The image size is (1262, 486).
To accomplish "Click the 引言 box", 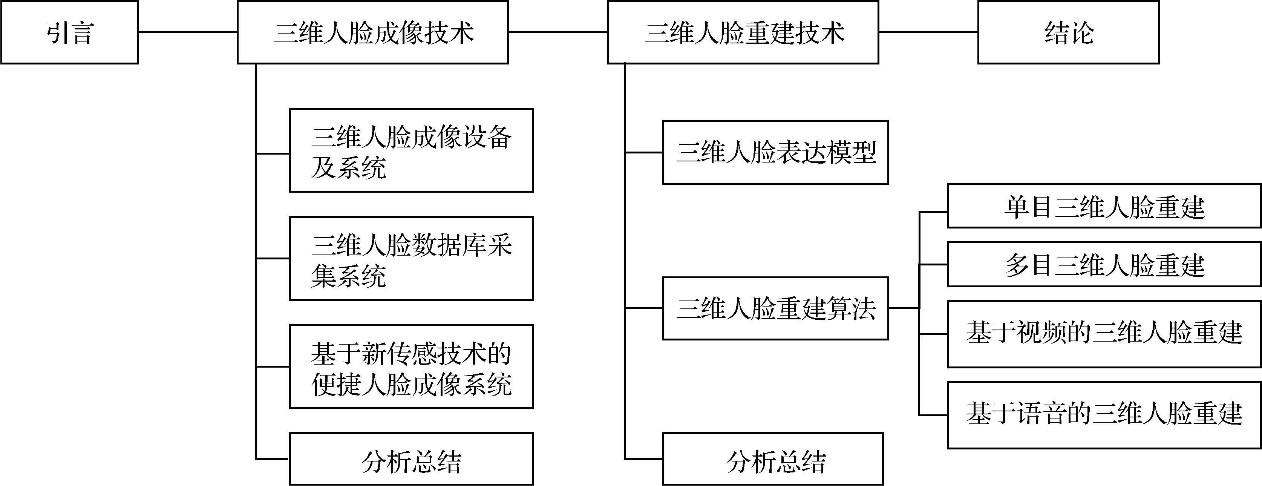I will [x=69, y=32].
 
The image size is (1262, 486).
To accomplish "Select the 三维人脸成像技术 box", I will [x=372, y=32].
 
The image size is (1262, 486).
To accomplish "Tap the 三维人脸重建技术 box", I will [x=743, y=32].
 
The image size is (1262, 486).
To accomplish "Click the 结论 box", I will [x=1068, y=32].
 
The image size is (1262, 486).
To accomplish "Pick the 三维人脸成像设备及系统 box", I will [x=411, y=150].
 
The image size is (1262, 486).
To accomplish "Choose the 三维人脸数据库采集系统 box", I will [x=411, y=259].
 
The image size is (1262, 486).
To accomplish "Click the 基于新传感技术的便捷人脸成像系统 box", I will [x=411, y=366].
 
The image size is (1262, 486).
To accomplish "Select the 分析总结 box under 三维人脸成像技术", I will [x=411, y=459].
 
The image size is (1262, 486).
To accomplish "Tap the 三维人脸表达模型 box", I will [x=775, y=152].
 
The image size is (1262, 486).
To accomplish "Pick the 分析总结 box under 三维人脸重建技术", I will [x=773, y=459].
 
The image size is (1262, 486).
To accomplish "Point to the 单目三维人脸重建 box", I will [x=1104, y=206].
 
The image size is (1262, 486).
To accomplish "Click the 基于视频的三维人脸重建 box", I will [x=1104, y=334].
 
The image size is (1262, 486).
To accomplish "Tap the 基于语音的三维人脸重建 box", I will [x=1104, y=415].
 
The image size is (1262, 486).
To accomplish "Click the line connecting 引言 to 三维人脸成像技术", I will [x=188, y=32].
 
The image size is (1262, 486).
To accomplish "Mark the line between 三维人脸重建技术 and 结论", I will [x=928, y=32].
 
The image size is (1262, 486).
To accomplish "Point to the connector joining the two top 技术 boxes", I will [x=557, y=32].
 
